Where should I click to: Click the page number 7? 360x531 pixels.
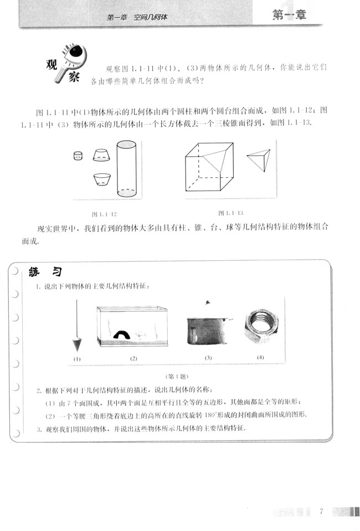321,511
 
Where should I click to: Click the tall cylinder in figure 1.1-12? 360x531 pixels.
126,168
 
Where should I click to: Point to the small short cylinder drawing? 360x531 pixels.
78,156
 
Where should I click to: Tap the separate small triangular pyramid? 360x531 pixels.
259,161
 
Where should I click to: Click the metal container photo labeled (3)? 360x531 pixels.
207,330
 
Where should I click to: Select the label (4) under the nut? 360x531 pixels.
260,357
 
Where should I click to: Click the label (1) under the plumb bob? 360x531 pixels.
76,359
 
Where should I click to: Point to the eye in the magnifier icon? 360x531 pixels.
76,54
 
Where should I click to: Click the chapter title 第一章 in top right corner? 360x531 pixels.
289,16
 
